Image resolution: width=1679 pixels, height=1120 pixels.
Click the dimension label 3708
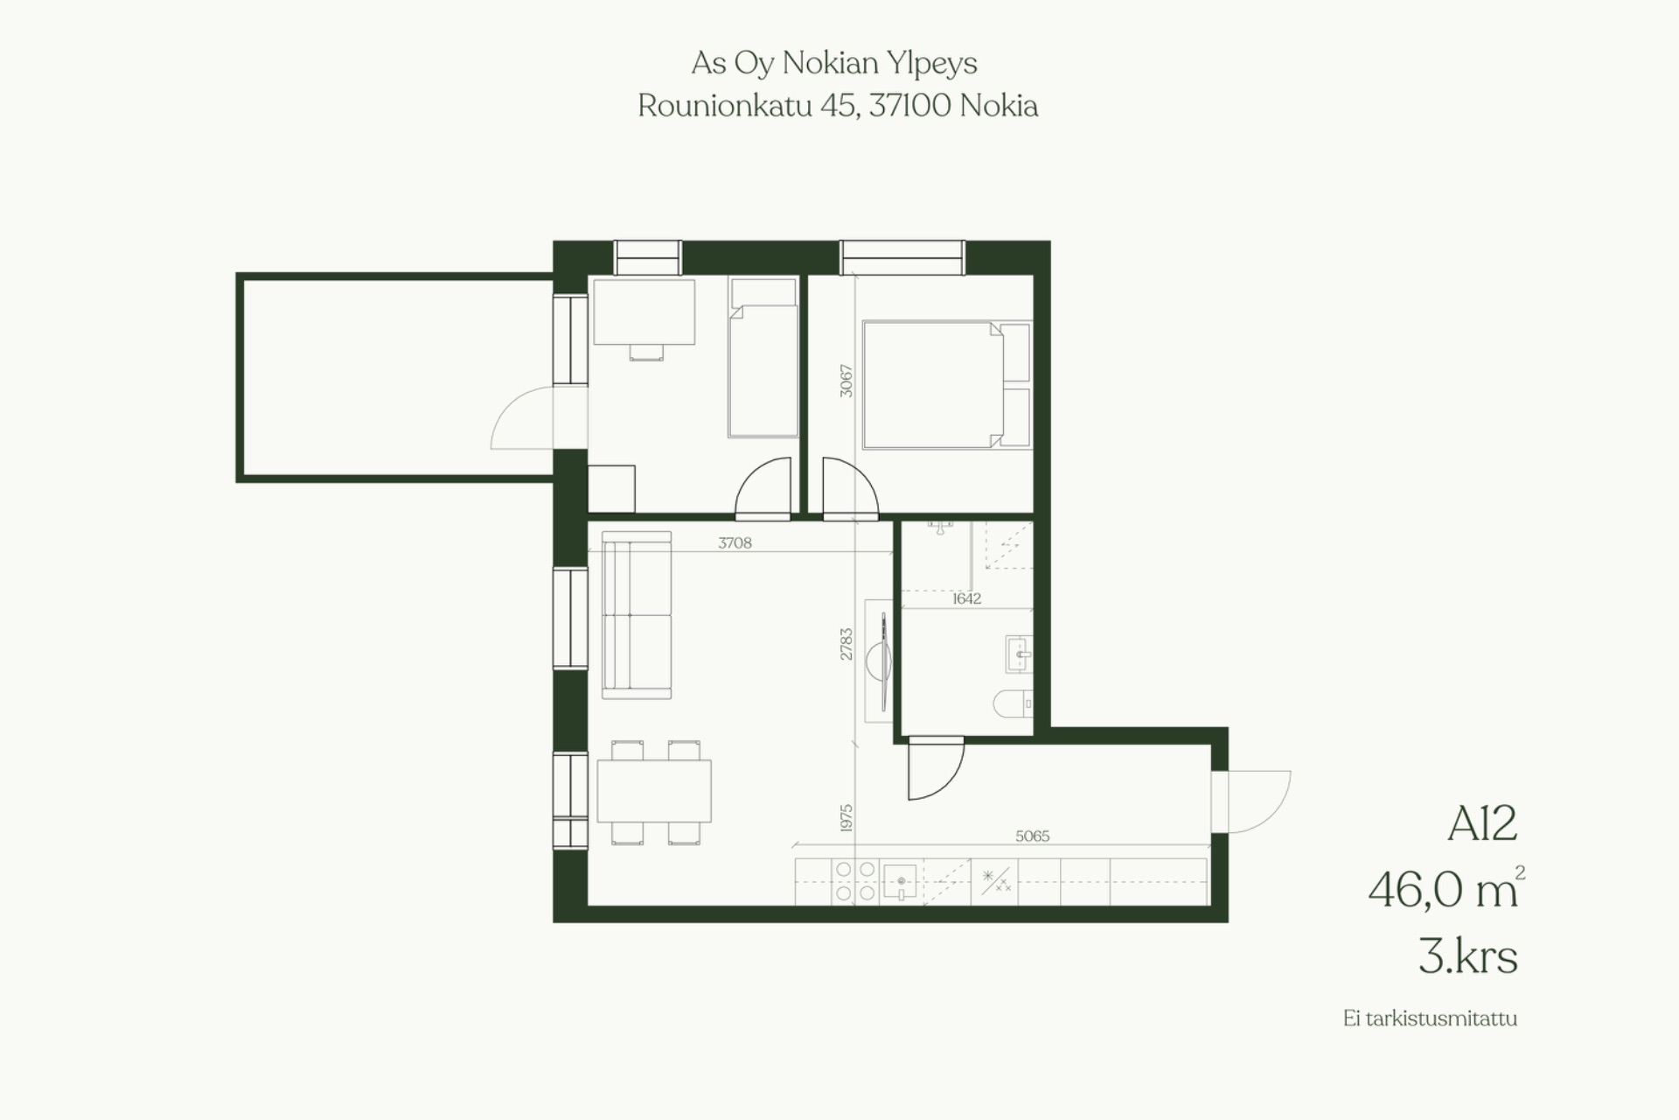735,542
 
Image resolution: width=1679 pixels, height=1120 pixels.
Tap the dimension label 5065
1032,836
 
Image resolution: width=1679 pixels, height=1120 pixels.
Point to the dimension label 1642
966,598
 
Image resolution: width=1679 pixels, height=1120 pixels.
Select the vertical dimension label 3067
846,381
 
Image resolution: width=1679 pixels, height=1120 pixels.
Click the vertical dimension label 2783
846,644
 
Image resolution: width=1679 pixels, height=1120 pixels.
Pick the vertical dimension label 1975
846,818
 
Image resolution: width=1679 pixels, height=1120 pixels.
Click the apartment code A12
1482,823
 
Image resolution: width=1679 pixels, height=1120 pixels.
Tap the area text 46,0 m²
1446,888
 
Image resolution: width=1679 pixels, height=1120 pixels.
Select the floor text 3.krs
1467,955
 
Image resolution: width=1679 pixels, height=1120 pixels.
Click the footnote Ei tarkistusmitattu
1430,1018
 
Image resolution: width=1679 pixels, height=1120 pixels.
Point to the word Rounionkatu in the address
725,106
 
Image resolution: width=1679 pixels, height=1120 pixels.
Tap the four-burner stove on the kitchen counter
855,881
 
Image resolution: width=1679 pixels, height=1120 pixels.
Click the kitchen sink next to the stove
900,881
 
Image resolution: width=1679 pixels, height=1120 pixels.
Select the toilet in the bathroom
1014,703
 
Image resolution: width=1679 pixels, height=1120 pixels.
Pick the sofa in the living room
637,615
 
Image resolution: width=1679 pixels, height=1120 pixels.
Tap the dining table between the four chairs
654,791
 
